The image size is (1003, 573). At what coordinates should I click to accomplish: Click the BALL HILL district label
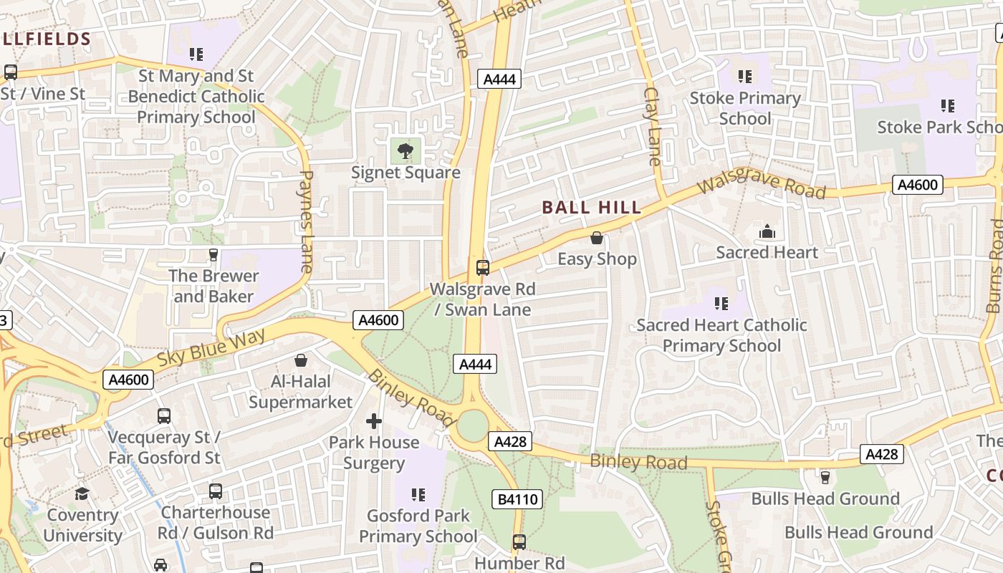click(591, 208)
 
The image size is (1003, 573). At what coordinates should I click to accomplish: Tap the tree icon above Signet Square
click(405, 150)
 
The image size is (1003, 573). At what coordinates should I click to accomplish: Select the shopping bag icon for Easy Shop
click(597, 237)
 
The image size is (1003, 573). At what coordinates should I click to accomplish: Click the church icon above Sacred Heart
click(767, 231)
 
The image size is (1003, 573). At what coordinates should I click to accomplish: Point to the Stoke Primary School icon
click(745, 76)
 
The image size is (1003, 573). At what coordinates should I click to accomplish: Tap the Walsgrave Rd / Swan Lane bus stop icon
click(483, 268)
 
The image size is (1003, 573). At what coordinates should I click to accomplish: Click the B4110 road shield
click(517, 499)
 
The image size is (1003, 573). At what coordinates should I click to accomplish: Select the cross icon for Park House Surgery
click(374, 421)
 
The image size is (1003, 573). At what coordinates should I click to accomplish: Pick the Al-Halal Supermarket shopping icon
click(301, 360)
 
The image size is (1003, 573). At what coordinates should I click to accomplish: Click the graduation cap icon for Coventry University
click(82, 493)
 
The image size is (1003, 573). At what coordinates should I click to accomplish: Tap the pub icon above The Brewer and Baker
click(213, 254)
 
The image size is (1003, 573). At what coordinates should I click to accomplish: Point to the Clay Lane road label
click(652, 126)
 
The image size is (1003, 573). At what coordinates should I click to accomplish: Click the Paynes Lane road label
click(306, 221)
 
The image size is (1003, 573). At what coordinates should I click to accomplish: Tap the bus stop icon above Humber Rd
click(519, 542)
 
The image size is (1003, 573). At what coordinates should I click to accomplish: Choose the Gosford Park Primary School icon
click(418, 494)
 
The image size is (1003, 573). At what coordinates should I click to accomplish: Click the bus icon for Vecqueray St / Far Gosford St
click(164, 415)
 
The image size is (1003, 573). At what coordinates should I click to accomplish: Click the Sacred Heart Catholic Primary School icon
click(721, 304)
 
